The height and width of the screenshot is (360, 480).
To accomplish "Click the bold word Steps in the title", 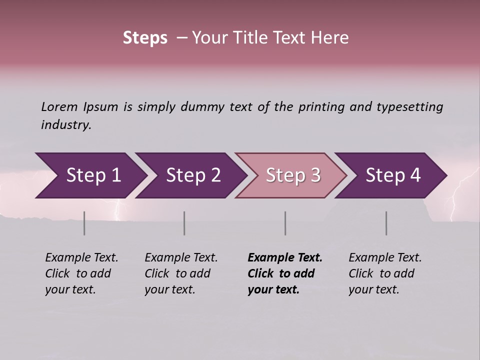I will (145, 38).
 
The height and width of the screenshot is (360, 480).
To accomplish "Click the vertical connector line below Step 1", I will (84, 223).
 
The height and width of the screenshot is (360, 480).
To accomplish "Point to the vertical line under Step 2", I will (184, 223).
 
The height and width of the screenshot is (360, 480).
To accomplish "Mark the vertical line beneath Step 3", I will (285, 223).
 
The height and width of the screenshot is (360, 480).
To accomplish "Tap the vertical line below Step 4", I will (386, 223).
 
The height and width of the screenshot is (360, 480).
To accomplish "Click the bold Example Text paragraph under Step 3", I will (285, 273).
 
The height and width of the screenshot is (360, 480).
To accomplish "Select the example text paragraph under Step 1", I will (81, 273).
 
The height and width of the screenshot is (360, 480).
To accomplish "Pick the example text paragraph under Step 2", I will (181, 273).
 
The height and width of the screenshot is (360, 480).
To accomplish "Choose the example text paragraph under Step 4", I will (385, 273).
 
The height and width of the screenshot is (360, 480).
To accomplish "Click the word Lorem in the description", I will (59, 106).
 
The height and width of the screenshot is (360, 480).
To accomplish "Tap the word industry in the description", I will (66, 125).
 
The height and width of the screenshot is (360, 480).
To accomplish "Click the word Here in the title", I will (332, 38).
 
